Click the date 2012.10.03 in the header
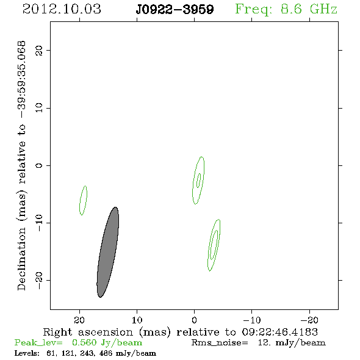pos(62,9)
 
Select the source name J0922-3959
pos(175,10)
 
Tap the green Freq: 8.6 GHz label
pos(286,10)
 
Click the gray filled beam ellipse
pos(107,252)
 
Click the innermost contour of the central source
pos(199,181)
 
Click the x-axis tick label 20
pos(79,320)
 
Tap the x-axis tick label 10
pos(137,320)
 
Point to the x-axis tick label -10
pos(252,320)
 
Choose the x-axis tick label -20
pos(309,320)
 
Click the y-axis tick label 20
pos(39,50)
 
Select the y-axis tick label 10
pos(39,107)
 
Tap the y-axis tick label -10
pos(39,223)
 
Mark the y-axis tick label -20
pos(39,280)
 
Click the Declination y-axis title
pos(21,165)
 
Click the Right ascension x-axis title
pos(181,332)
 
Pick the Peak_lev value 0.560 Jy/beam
pos(107,342)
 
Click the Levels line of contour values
pos(85,353)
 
